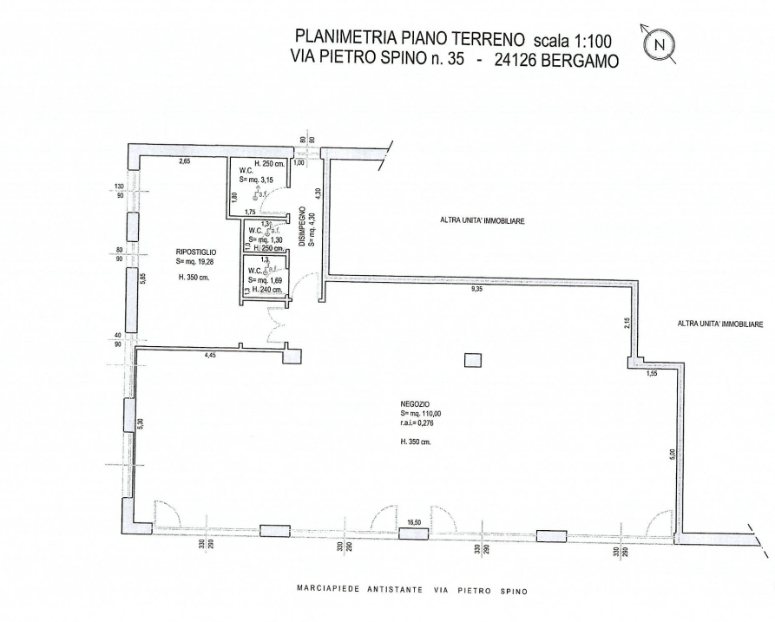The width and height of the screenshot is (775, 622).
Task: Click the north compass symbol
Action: tap(661, 43)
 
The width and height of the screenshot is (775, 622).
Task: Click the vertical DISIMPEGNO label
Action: tap(302, 228)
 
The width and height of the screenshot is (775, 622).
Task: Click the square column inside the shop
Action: tap(472, 359)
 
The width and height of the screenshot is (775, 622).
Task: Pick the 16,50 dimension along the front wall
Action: tap(414, 521)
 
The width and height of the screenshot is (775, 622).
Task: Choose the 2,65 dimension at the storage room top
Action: tap(184, 162)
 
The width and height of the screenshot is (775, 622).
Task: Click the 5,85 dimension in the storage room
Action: tap(142, 278)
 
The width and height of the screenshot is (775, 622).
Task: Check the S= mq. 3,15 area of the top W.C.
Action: tap(257, 180)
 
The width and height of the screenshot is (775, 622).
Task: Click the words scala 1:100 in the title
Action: tap(575, 39)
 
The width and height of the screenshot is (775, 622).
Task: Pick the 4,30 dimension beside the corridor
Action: tap(319, 194)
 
